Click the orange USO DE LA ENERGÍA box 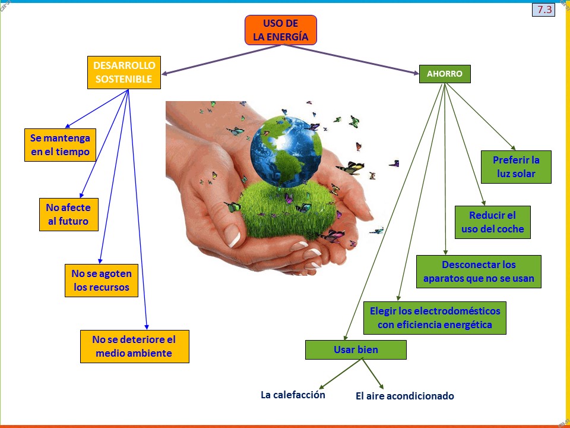click(281, 30)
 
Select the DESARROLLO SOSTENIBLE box click(123, 72)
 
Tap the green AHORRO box click(445, 74)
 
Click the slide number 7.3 click(543, 10)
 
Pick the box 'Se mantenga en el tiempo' click(60, 145)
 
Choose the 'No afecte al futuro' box click(68, 215)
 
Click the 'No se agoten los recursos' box click(101, 281)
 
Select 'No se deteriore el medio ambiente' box click(134, 347)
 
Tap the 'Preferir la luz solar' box click(516, 167)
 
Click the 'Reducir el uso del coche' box click(492, 222)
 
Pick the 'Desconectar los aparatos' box click(479, 272)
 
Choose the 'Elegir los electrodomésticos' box click(435, 318)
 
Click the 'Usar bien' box click(356, 350)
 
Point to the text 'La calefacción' click(293, 395)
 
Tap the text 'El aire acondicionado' click(404, 396)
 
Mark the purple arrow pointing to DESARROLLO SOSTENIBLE click(214, 61)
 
